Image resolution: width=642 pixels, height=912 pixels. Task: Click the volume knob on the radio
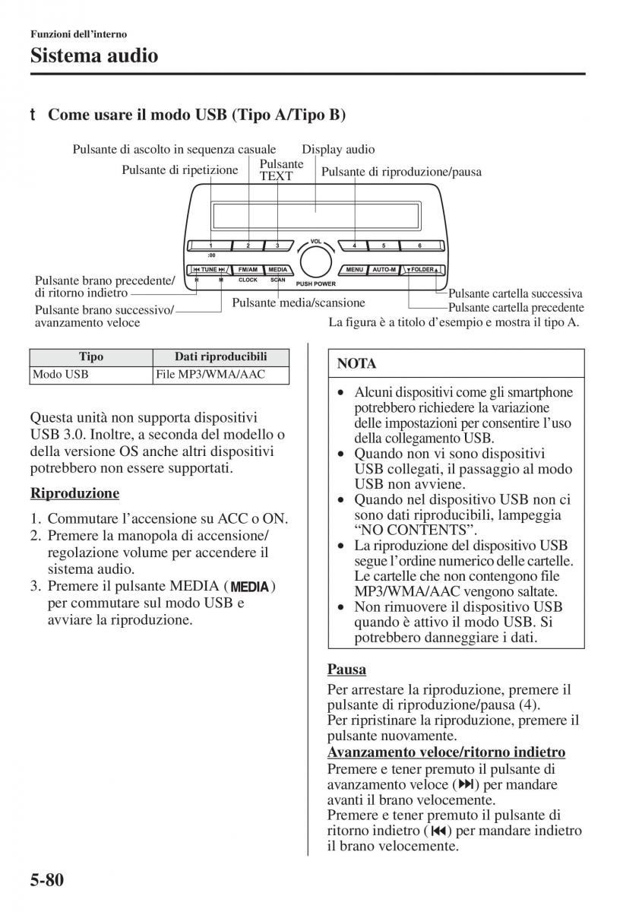click(315, 261)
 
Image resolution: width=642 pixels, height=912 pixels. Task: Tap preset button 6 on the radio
click(420, 245)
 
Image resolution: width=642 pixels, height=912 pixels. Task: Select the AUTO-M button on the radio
click(384, 270)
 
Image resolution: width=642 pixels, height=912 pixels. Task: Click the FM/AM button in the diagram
click(248, 270)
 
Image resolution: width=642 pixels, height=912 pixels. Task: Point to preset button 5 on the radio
click(384, 245)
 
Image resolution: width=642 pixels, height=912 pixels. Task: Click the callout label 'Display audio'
click(338, 150)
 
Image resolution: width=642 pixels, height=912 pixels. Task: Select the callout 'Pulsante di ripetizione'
click(180, 170)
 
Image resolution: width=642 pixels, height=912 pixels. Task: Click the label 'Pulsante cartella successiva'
click(515, 294)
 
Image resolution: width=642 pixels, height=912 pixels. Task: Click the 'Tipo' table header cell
click(91, 357)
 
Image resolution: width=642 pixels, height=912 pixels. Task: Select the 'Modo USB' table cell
click(60, 375)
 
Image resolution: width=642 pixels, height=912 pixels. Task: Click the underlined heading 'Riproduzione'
click(74, 493)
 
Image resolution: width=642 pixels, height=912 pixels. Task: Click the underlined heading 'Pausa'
click(346, 670)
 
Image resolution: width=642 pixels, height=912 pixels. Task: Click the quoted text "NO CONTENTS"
click(411, 530)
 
